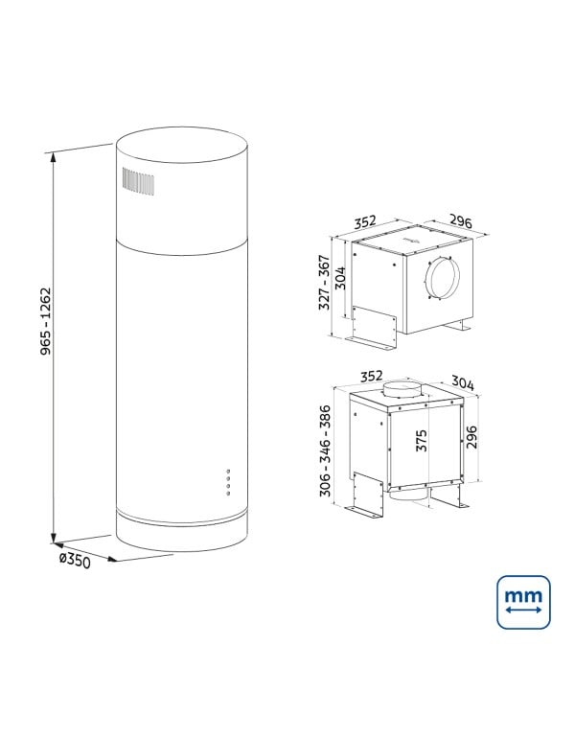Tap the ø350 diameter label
click(73, 560)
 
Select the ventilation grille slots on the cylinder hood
click(138, 182)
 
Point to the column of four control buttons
click(228, 482)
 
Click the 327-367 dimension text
click(323, 284)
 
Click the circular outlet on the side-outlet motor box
click(442, 278)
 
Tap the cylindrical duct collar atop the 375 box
click(402, 392)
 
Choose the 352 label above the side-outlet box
click(364, 222)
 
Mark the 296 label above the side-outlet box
click(461, 222)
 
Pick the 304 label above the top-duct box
click(462, 383)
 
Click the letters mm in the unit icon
click(523, 595)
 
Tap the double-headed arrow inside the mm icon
click(523, 611)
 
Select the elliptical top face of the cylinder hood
click(183, 151)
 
